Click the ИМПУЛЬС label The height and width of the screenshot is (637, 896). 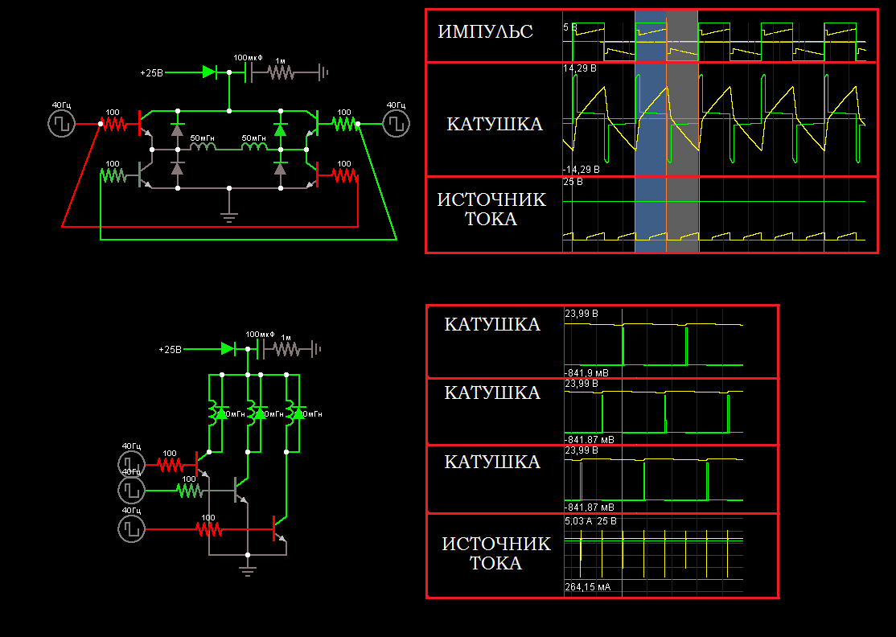(x=485, y=32)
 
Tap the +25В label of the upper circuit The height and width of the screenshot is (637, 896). (x=151, y=72)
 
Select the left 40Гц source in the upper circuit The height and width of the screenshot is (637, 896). (x=61, y=124)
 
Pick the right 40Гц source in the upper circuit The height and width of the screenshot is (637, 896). (x=395, y=123)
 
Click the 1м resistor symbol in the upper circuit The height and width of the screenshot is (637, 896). (x=282, y=72)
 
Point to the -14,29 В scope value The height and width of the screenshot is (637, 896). (x=581, y=170)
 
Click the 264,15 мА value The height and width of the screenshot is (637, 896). (x=587, y=587)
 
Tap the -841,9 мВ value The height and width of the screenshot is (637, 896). (x=587, y=372)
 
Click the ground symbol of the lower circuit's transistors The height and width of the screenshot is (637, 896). (x=248, y=569)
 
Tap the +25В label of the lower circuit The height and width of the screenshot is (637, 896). (x=170, y=350)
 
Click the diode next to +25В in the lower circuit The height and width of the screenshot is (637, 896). (x=228, y=349)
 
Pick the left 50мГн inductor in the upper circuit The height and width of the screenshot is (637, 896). (x=202, y=147)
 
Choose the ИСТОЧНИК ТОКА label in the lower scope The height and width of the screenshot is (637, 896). (x=495, y=553)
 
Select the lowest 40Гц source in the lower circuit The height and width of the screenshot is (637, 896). (x=130, y=529)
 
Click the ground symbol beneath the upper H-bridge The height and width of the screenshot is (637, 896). (x=229, y=215)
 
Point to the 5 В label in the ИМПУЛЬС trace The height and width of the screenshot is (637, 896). (x=569, y=27)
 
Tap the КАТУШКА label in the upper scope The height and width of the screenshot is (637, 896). (x=494, y=124)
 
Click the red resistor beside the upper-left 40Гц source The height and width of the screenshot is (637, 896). (x=114, y=124)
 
